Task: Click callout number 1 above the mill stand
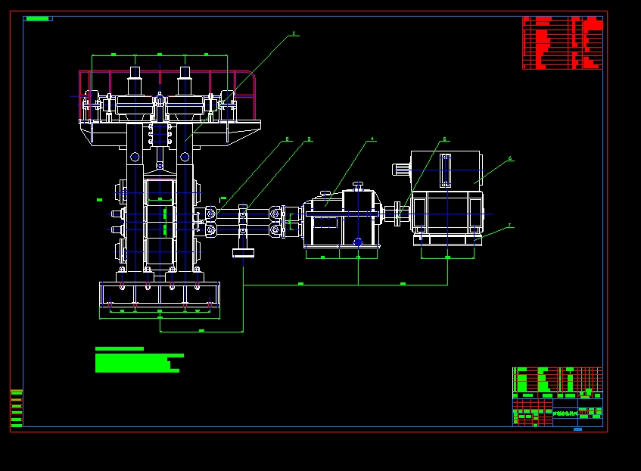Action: [x=294, y=33]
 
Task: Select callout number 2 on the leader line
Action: [x=287, y=139]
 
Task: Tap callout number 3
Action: [x=309, y=139]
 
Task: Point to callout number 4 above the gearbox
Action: [x=372, y=139]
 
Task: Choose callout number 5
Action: [x=444, y=139]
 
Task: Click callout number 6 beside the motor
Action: [x=510, y=158]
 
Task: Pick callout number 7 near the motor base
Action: [x=509, y=225]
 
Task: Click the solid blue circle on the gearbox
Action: [x=358, y=242]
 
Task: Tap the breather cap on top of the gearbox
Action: [x=325, y=195]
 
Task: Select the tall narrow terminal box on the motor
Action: [x=444, y=170]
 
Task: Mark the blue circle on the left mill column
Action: [x=135, y=157]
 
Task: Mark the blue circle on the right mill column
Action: [x=184, y=157]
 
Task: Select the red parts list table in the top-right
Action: [x=562, y=43]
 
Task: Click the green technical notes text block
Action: [x=138, y=360]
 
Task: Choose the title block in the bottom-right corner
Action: [x=557, y=397]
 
